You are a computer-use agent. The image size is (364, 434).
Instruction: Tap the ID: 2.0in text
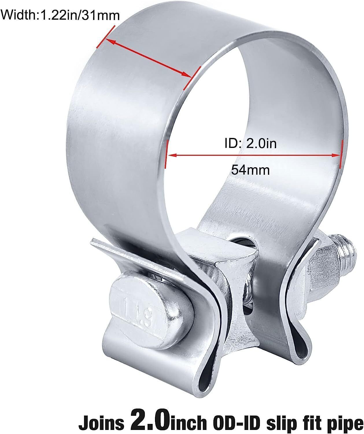(x=250, y=143)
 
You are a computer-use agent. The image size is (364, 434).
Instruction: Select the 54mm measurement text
(x=250, y=170)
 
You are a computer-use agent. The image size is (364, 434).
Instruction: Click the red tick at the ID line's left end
(x=166, y=153)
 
